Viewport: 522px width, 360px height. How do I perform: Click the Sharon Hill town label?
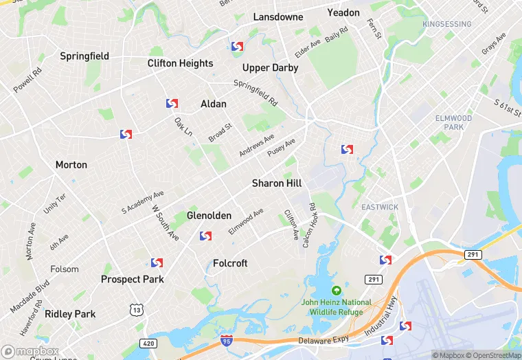tap(277, 183)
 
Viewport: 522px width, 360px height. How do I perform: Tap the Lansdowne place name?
tap(278, 16)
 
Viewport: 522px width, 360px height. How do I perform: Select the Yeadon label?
tap(343, 12)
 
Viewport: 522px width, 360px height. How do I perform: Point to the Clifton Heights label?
tap(180, 63)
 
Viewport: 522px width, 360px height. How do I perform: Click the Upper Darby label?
tap(271, 68)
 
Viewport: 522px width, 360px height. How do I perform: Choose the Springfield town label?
tap(84, 56)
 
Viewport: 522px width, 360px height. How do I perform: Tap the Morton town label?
tap(71, 165)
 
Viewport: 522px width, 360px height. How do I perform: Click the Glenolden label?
tap(209, 216)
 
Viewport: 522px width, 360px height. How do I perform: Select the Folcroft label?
tap(230, 263)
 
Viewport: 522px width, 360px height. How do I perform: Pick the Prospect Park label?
tap(133, 280)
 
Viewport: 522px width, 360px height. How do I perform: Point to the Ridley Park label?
tap(70, 314)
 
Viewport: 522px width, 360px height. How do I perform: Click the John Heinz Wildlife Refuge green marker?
tap(336, 291)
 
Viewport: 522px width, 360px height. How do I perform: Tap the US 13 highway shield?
tap(137, 311)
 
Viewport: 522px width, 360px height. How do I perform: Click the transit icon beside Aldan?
tap(172, 104)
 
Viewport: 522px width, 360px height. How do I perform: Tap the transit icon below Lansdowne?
tap(237, 47)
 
